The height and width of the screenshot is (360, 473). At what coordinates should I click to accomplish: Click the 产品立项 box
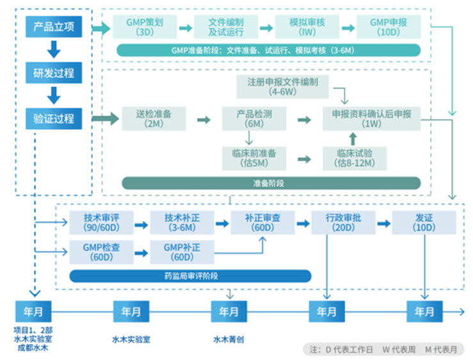coord(54,27)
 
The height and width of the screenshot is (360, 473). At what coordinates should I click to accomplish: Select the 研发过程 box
coord(54,73)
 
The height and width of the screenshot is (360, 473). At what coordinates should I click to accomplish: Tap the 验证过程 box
coord(54,118)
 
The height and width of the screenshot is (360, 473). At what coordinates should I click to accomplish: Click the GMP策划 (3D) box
coord(141,27)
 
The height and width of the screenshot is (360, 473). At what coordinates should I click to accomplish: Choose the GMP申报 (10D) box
coord(389,27)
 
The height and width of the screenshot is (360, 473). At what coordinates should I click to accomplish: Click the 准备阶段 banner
coord(268,183)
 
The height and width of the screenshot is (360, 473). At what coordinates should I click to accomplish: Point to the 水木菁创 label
coord(228,340)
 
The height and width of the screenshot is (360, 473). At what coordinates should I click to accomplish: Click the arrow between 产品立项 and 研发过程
coord(54,50)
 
